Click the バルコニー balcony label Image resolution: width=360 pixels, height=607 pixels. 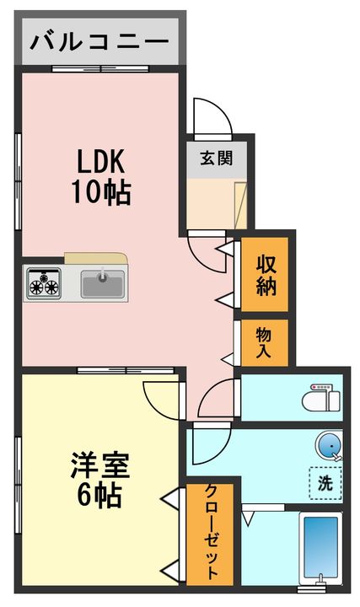tap(99, 41)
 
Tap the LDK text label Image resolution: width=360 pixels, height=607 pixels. tap(100, 161)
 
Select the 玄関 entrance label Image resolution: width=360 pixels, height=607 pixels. tap(217, 158)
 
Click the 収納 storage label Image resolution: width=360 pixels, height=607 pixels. tap(266, 275)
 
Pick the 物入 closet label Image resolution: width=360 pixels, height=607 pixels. tap(264, 342)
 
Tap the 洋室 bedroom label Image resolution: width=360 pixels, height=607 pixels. tap(99, 465)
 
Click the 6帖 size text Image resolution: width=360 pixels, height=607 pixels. tap(99, 495)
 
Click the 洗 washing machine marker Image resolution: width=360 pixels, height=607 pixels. tap(325, 483)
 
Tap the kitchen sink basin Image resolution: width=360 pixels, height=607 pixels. tap(103, 284)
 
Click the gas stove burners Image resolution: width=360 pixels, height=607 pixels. tap(44, 284)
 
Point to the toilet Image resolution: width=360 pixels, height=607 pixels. tap(320, 398)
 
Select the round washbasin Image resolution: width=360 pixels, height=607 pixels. tap(330, 446)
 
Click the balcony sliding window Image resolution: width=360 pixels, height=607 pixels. tap(100, 69)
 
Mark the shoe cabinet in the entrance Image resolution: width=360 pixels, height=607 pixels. tap(241, 205)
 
